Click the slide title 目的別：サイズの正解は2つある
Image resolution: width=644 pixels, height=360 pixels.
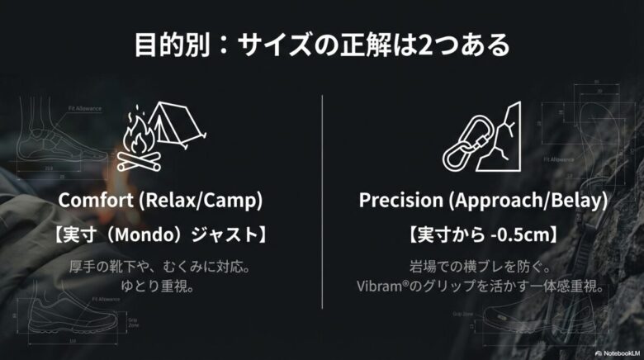[x=322, y=45]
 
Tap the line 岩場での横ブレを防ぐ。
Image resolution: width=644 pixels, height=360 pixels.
[x=481, y=268]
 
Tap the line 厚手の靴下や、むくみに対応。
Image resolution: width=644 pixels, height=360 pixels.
[x=160, y=268]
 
